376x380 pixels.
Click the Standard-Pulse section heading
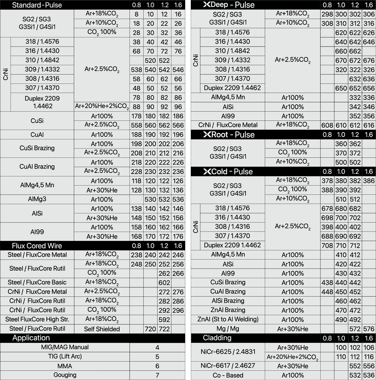pyautogui.click(x=37, y=5)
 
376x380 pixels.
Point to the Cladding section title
pyautogui.click(x=217, y=338)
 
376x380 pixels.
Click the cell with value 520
pyautogui.click(x=150, y=60)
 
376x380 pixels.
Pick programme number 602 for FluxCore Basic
pyautogui.click(x=164, y=282)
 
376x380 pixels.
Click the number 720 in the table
pyautogui.click(x=150, y=329)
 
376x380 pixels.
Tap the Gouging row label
pyautogui.click(x=65, y=375)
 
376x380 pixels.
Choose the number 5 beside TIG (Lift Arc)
pyautogui.click(x=157, y=357)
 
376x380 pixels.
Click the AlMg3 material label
pyautogui.click(x=37, y=199)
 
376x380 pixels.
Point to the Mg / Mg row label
pyautogui.click(x=228, y=329)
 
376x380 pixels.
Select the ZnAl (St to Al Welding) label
pyautogui.click(x=228, y=319)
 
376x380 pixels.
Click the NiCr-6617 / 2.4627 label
pyautogui.click(x=228, y=366)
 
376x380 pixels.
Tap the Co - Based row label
pyautogui.click(x=228, y=375)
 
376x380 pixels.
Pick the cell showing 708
pyautogui.click(x=327, y=245)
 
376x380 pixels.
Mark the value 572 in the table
pyautogui.click(x=355, y=329)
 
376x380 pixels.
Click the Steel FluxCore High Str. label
pyautogui.click(x=37, y=319)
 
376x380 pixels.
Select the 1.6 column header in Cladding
pyautogui.click(x=369, y=338)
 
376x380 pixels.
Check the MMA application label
pyautogui.click(x=65, y=366)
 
